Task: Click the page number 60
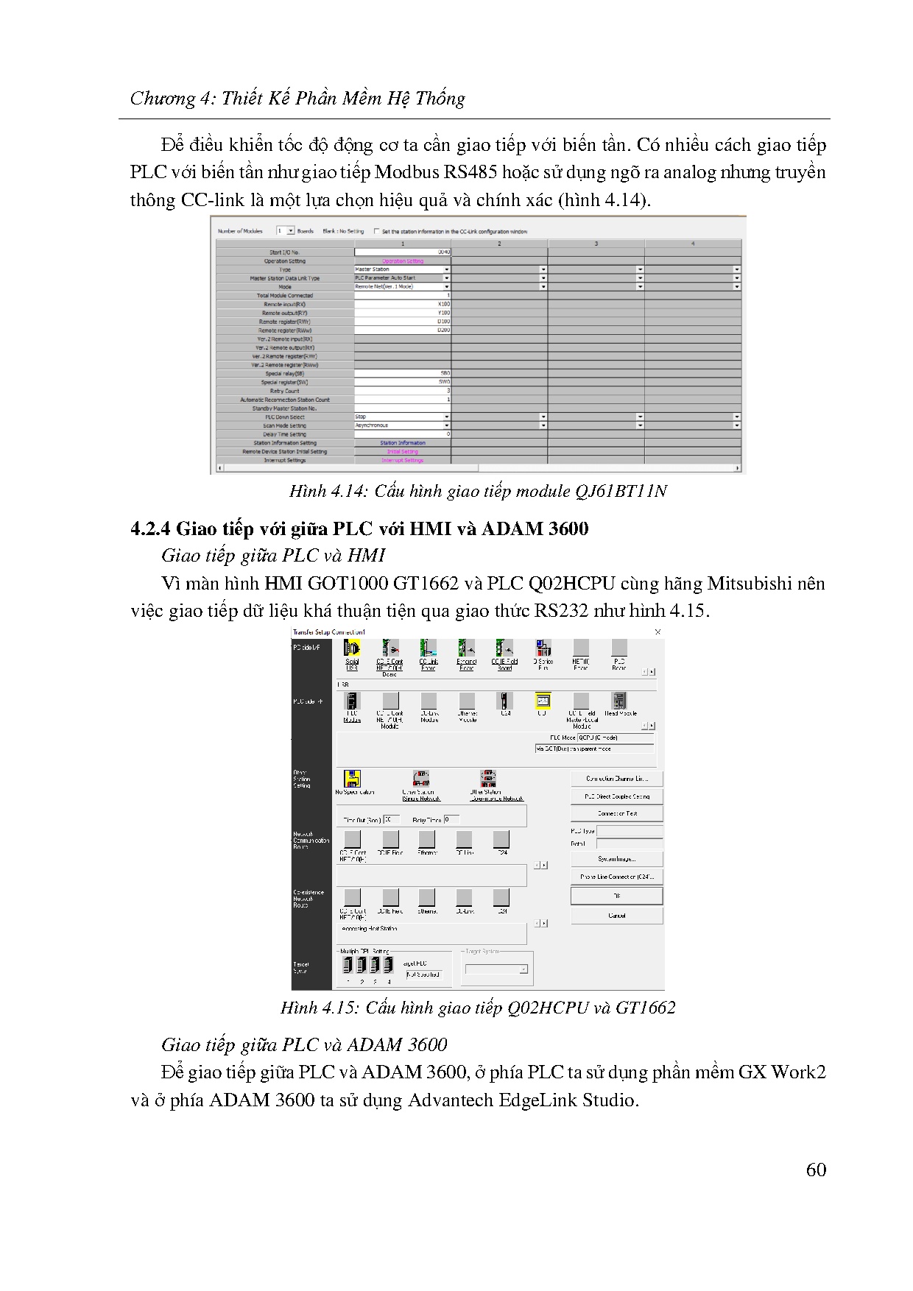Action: tap(816, 1170)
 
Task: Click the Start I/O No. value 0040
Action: tap(443, 252)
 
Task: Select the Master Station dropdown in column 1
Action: tap(402, 269)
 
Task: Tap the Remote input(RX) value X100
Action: tap(443, 304)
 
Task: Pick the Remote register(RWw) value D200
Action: tap(443, 330)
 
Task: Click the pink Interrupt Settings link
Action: tap(402, 461)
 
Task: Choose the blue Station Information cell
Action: tap(402, 443)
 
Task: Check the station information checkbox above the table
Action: tap(377, 231)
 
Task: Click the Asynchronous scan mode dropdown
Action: tap(402, 425)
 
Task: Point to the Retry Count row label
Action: tap(285, 391)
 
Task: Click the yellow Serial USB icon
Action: tap(352, 648)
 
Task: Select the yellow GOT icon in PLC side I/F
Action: tap(543, 701)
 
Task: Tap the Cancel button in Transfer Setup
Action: tap(616, 916)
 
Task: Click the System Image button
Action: tap(616, 859)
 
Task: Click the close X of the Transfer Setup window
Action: tap(658, 632)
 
